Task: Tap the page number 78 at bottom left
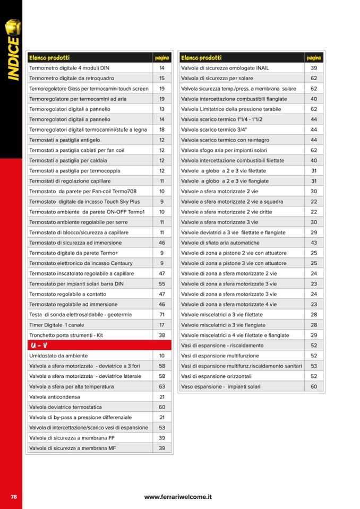[14, 496]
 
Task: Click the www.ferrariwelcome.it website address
[178, 497]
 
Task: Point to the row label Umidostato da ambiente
[58, 356]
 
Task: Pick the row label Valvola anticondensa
[55, 397]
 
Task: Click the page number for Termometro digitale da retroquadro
[162, 78]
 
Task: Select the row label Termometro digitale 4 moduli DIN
[69, 68]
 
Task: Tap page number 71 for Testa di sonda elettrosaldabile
[162, 315]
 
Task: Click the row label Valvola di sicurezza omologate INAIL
[225, 68]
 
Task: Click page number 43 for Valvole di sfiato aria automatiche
[314, 243]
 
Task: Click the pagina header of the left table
[162, 57]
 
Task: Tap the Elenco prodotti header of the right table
[201, 57]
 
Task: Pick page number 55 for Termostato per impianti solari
[162, 284]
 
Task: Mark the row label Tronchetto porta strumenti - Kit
[67, 335]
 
